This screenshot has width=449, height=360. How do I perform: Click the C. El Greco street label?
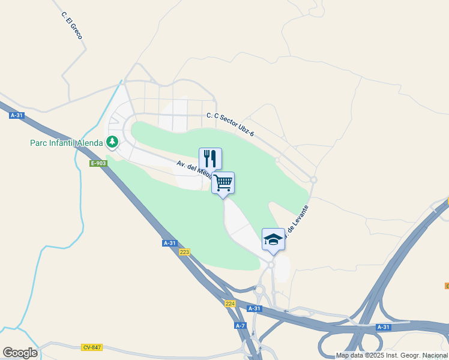click(71, 26)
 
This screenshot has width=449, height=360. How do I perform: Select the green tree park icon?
click(112, 142)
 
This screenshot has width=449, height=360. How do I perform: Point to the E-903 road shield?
click(98, 163)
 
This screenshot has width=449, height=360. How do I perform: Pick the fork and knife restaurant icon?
click(210, 158)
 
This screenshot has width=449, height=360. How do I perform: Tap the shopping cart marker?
click(223, 182)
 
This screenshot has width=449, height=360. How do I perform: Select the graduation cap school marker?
click(273, 239)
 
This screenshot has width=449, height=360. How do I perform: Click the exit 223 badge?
click(184, 252)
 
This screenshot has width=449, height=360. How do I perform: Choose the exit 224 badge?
click(231, 304)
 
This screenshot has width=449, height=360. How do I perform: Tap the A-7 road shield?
click(240, 325)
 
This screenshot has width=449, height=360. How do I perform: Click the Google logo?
click(19, 353)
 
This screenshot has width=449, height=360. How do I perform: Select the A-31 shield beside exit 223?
click(170, 243)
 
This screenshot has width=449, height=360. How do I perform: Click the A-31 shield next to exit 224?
click(255, 308)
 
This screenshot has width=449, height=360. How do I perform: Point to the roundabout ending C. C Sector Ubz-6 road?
click(313, 179)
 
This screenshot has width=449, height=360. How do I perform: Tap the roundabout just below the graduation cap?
click(271, 264)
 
